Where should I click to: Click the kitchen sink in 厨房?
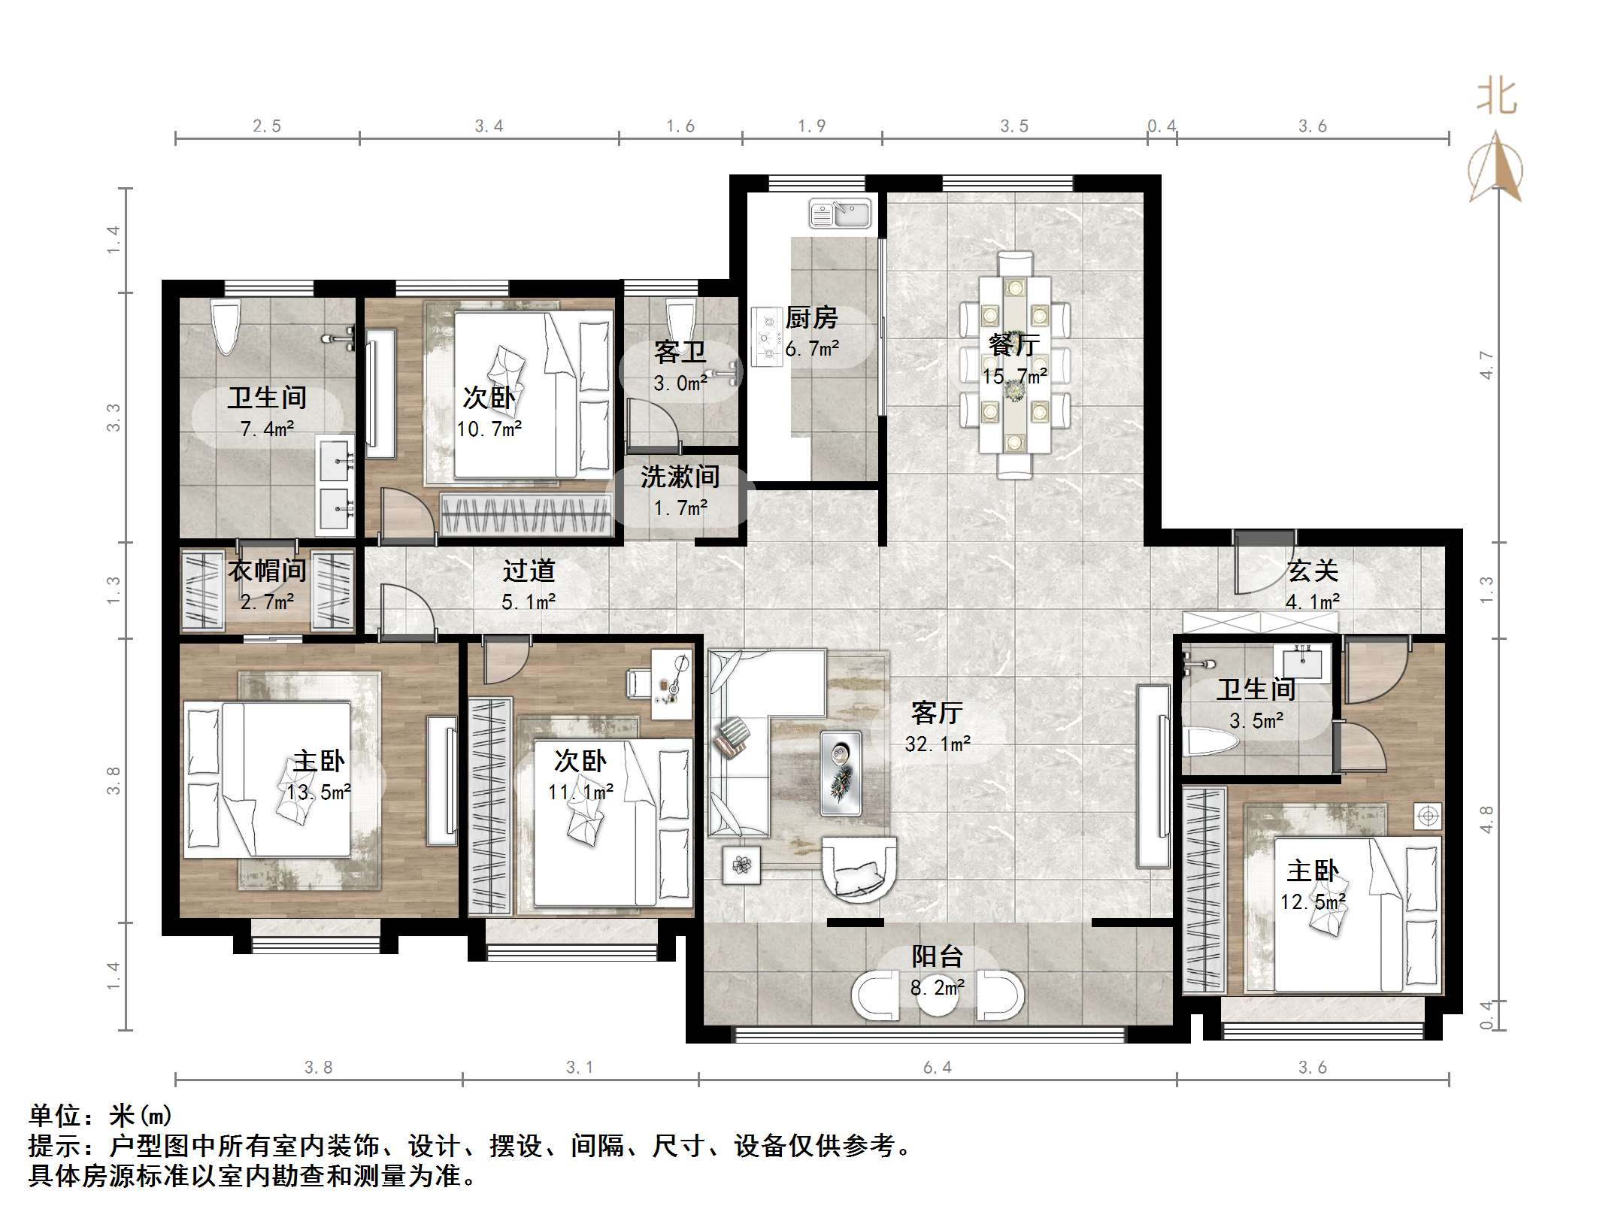click(840, 213)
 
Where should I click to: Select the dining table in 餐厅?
click(1014, 365)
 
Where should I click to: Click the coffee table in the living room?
click(841, 772)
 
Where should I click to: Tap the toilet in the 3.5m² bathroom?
click(1211, 743)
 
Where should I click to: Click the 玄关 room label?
click(1313, 571)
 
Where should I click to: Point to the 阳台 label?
click(937, 956)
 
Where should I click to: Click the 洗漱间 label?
click(680, 477)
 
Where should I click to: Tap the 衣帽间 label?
click(267, 571)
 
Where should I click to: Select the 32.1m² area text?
click(938, 744)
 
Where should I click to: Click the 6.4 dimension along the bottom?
click(937, 1067)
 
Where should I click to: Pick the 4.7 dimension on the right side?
click(1486, 365)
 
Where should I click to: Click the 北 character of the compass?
click(1497, 97)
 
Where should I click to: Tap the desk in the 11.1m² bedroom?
click(671, 684)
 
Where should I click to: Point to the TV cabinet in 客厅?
click(1153, 776)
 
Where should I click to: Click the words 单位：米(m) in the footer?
click(101, 1115)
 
